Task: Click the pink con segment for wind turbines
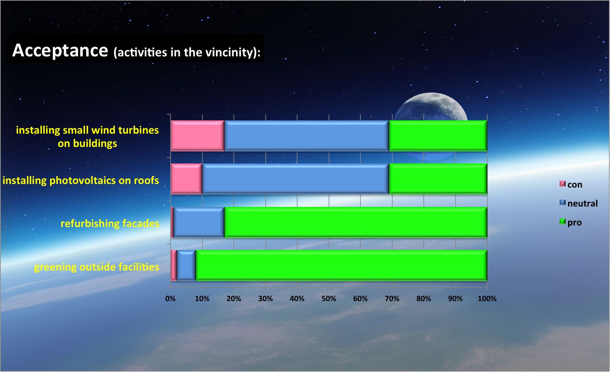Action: click(x=198, y=136)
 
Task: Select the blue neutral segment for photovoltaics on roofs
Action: click(x=296, y=179)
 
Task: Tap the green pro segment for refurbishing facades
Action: click(x=356, y=223)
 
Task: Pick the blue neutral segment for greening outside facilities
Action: click(x=186, y=265)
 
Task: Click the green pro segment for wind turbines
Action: click(x=438, y=136)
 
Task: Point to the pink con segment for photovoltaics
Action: click(x=187, y=179)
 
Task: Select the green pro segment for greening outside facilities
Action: click(x=341, y=265)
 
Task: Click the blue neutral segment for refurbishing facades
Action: click(x=199, y=223)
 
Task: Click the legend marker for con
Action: click(x=562, y=184)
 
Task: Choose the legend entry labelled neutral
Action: click(x=579, y=203)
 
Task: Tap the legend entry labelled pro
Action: click(x=570, y=223)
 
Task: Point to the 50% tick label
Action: click(x=329, y=299)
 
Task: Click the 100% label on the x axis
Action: click(x=487, y=299)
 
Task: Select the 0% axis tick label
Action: click(x=171, y=299)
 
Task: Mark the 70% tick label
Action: click(x=392, y=299)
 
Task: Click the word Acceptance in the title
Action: click(x=60, y=50)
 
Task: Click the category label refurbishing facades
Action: click(x=110, y=223)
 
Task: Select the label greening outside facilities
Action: click(x=97, y=267)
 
